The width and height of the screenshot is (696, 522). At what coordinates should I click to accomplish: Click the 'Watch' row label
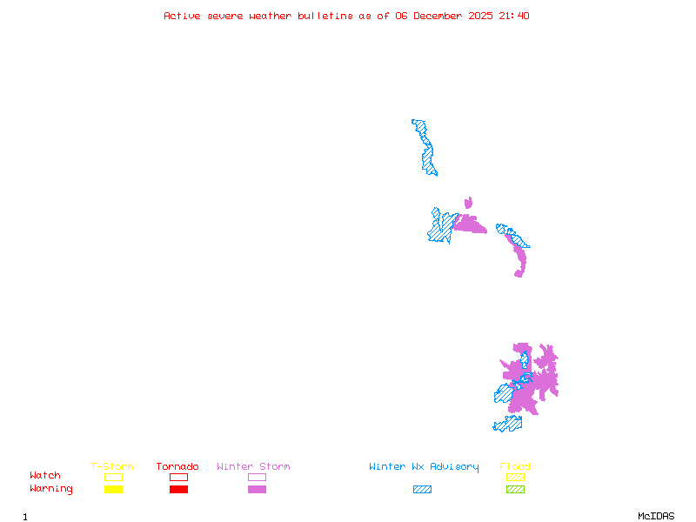(45, 476)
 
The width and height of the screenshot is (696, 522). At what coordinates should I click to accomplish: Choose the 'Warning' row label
(50, 489)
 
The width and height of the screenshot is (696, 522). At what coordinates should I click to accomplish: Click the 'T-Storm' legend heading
(112, 467)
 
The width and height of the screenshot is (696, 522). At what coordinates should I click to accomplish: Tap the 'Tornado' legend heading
(177, 467)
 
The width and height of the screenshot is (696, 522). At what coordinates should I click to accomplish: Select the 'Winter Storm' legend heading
(253, 467)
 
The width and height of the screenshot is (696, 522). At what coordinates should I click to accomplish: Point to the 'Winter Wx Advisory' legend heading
(424, 467)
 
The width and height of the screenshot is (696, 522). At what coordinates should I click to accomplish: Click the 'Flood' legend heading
(515, 467)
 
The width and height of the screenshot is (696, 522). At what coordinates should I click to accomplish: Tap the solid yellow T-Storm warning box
(113, 489)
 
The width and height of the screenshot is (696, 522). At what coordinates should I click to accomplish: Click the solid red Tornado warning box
(178, 489)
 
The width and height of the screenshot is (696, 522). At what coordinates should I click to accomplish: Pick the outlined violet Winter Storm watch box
(257, 477)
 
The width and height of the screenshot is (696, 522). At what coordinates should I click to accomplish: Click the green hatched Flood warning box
(515, 489)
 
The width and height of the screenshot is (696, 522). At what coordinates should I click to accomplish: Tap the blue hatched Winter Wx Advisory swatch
(422, 489)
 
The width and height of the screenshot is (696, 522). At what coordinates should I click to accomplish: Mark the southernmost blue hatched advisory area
(508, 424)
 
